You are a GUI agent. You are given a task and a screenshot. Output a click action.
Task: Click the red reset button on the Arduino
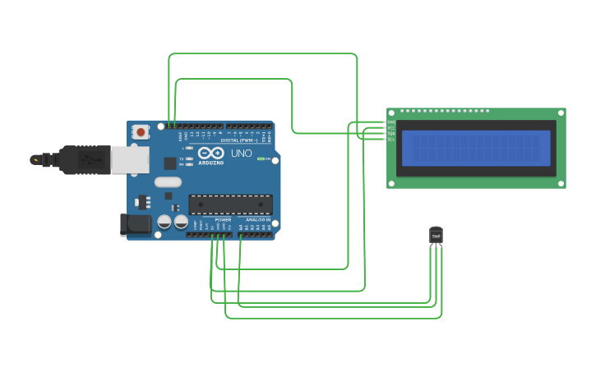[x=141, y=131]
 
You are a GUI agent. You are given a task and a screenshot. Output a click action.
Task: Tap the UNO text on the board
[x=242, y=154]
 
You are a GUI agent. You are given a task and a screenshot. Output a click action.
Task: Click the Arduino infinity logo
[x=210, y=153]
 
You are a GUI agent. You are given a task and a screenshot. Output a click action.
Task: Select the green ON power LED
[x=260, y=158]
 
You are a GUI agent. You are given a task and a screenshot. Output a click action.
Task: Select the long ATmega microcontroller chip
[x=230, y=204]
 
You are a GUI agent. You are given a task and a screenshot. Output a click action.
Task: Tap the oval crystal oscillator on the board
[x=167, y=182]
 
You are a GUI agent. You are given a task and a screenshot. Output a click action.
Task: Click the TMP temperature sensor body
[x=436, y=236]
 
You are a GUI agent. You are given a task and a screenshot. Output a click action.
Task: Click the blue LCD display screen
[x=476, y=148]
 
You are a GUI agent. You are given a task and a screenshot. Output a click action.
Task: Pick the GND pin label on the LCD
[x=391, y=122]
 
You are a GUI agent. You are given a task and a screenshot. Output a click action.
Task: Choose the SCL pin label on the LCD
[x=391, y=140]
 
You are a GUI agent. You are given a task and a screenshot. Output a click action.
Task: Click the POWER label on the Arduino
[x=223, y=220]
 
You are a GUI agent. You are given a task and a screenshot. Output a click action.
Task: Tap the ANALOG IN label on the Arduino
[x=257, y=220]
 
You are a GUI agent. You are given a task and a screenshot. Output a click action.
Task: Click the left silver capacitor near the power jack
[x=164, y=223]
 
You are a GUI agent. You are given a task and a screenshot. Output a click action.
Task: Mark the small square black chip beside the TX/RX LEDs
[x=169, y=163]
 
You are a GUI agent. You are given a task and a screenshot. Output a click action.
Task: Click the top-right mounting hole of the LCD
[x=561, y=113]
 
